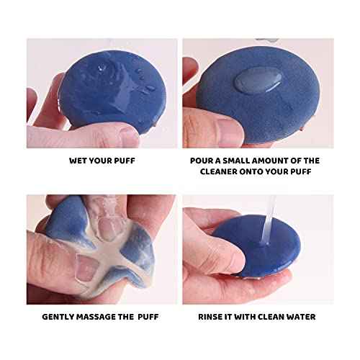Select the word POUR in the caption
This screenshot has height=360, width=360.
click(202, 161)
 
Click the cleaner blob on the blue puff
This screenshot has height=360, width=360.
click(256, 81)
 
